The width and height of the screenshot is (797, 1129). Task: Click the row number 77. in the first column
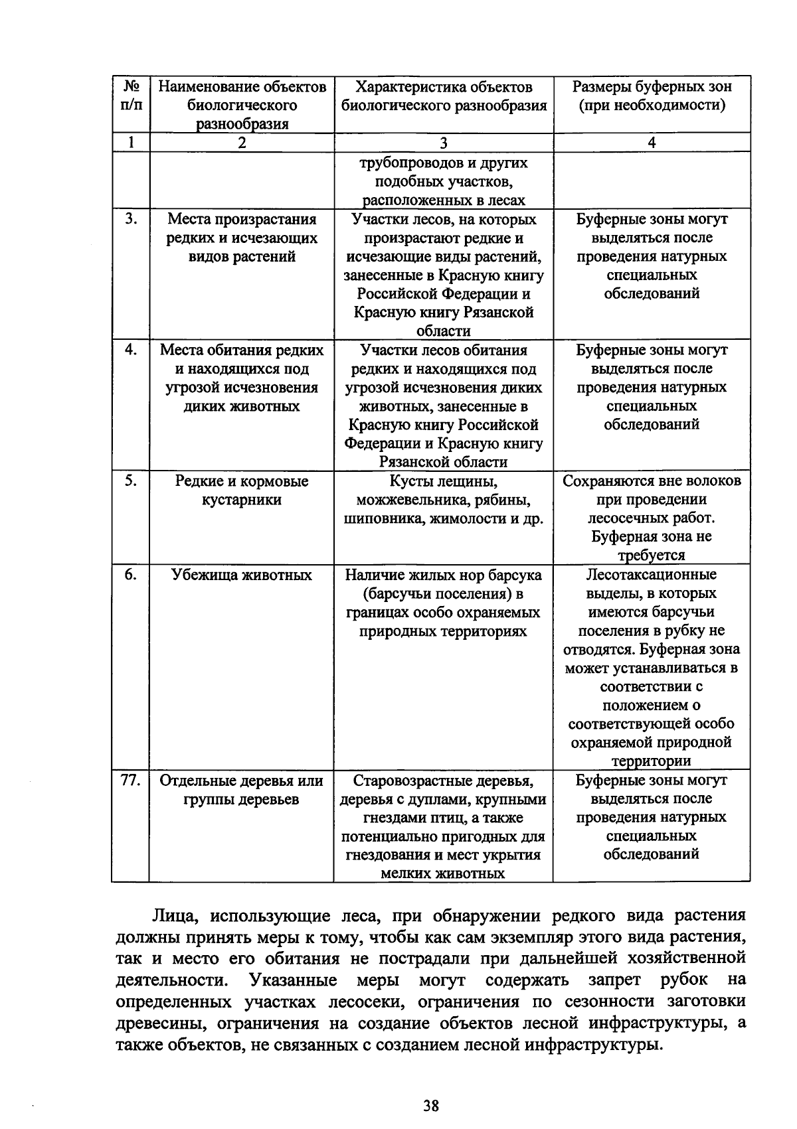130,781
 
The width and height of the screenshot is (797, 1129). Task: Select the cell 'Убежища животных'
242,575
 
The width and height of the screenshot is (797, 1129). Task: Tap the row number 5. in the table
131,481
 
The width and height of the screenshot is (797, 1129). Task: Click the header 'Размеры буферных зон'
652,87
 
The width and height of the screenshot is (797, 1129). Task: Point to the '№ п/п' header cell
131,96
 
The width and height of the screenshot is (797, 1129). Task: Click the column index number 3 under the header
444,143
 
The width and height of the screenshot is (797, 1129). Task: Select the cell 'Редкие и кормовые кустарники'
242,490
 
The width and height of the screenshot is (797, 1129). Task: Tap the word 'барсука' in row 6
515,575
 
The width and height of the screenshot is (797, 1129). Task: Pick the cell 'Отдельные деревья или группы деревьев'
242,790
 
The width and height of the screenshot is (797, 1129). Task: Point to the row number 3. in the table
131,219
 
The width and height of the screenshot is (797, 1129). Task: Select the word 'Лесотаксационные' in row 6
652,575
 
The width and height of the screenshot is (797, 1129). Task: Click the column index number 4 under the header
652,143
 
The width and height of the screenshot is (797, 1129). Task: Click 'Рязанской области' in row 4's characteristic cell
443,462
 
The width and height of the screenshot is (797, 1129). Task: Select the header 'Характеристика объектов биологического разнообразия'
444,96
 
